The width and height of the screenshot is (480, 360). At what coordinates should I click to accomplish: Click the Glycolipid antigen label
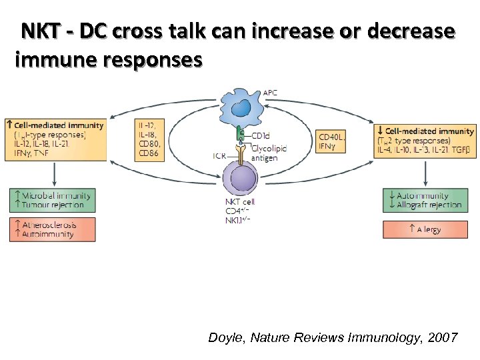269,153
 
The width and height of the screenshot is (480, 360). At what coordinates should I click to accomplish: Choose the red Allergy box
425,229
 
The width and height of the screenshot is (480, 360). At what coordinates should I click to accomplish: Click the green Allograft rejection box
425,200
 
